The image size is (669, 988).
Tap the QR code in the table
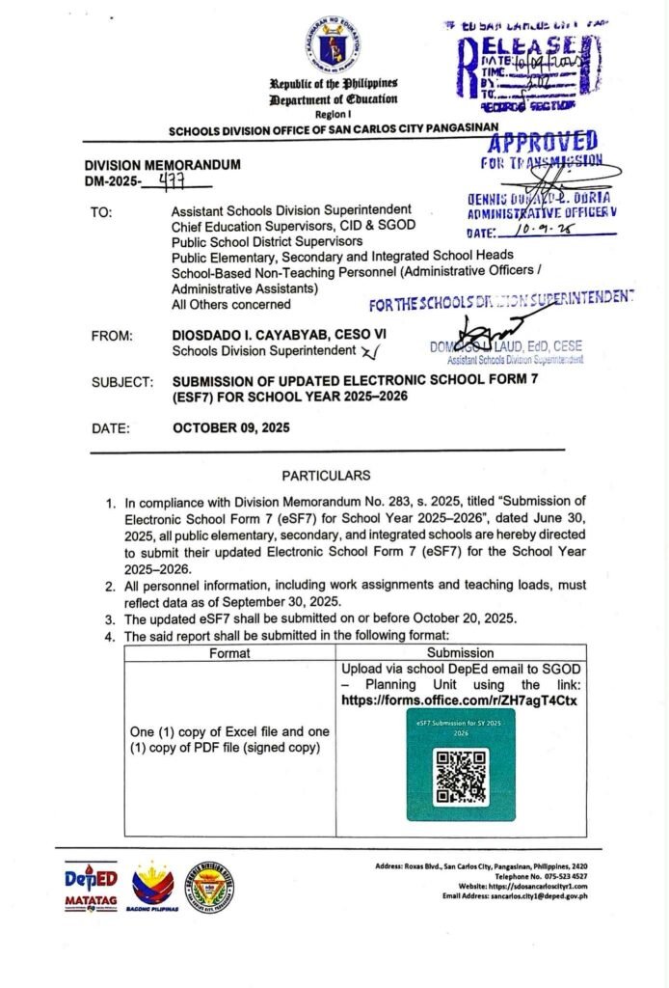pos(460,775)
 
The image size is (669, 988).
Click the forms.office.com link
pos(459,700)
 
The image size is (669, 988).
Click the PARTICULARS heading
pos(326,476)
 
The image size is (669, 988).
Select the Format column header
pos(229,652)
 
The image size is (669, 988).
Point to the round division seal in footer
pos(210,887)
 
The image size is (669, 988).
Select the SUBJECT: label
pos(122,381)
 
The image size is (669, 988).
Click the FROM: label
pos(113,336)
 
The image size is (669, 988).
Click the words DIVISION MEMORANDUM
pos(162,165)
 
